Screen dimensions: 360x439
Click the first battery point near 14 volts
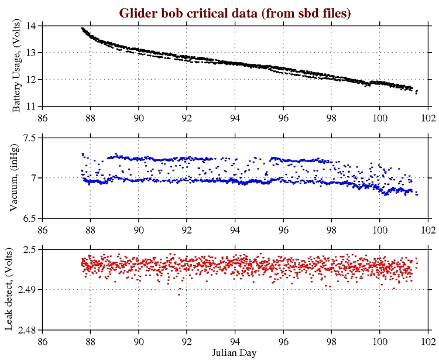82,28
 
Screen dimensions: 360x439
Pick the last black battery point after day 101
416,92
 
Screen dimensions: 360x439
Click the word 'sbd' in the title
309,12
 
